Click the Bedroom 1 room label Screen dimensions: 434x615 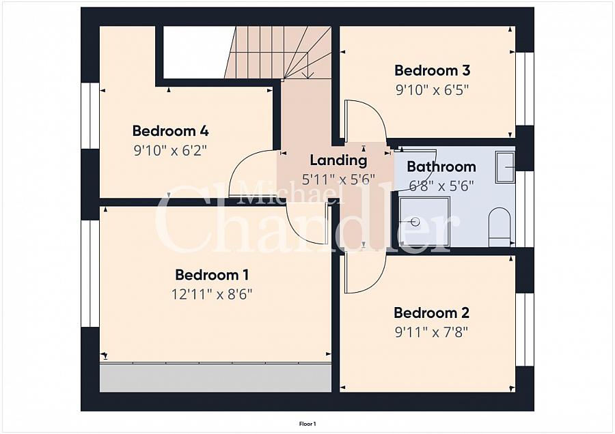pyautogui.click(x=212, y=275)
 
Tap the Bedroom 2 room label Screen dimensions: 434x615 pyautogui.click(x=431, y=313)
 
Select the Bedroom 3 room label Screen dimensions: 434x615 pyautogui.click(x=432, y=70)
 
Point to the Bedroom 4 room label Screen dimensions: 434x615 pyautogui.click(x=170, y=131)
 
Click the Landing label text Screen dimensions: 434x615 pyautogui.click(x=338, y=161)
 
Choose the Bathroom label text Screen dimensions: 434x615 pyautogui.click(x=441, y=167)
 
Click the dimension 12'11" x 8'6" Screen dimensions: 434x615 pyautogui.click(x=212, y=294)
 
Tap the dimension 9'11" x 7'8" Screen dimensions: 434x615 pyautogui.click(x=431, y=332)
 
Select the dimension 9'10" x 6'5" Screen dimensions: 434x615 pyautogui.click(x=432, y=89)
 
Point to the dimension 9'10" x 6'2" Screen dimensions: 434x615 pyautogui.click(x=170, y=149)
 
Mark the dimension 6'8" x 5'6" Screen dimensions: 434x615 pyautogui.click(x=441, y=185)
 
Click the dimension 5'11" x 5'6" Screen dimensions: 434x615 pyautogui.click(x=338, y=180)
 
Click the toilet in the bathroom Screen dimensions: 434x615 pyautogui.click(x=500, y=226)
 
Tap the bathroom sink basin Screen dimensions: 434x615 pyautogui.click(x=505, y=167)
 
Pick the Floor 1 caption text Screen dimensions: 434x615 pyautogui.click(x=307, y=424)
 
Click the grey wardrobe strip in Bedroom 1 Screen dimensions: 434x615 pyautogui.click(x=215, y=377)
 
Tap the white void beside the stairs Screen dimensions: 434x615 pyautogui.click(x=193, y=52)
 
